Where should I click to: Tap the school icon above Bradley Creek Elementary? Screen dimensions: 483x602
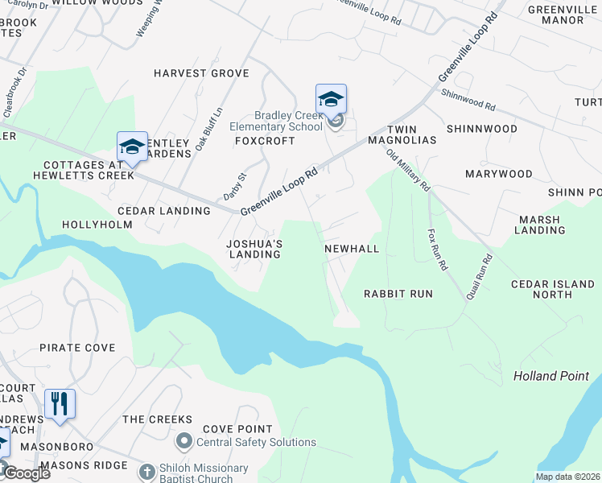331,100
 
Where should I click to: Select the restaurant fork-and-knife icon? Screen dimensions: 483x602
60,405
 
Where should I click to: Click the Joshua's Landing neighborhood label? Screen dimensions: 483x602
254,249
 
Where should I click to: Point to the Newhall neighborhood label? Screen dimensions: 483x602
352,249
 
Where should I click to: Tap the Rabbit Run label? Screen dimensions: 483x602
398,294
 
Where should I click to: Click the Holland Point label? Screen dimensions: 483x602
551,376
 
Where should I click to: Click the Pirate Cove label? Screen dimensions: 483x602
77,348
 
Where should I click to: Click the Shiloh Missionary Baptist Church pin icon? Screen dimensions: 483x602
146,472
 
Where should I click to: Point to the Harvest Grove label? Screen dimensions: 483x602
201,73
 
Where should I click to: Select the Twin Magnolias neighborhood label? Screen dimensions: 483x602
412,134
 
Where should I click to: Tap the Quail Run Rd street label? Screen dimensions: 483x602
481,277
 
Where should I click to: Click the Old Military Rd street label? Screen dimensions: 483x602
408,171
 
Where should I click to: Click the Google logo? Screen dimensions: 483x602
26,473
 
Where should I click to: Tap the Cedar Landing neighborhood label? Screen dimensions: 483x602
163,211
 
